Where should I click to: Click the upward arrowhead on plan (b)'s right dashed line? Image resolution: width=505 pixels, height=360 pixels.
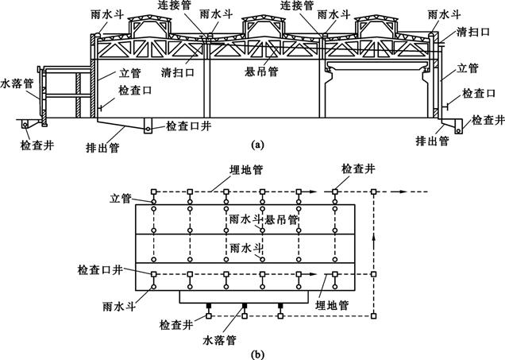(x=373, y=236)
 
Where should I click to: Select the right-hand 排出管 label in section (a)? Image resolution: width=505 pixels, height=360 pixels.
(x=433, y=141)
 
